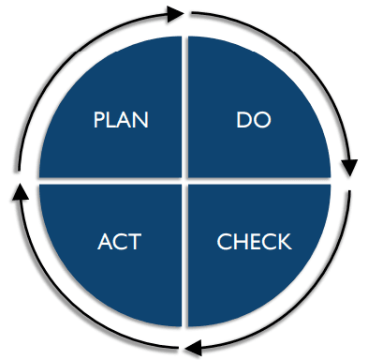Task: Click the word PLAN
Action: tap(121, 120)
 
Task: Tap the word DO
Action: tap(254, 120)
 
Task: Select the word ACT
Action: tap(119, 242)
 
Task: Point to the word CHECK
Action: tap(254, 242)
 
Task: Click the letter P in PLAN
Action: tap(98, 120)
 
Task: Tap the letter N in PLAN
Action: tap(141, 120)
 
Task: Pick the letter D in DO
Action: tap(243, 120)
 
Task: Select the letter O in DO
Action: tap(261, 120)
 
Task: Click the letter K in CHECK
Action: tap(285, 242)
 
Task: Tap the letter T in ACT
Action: tap(135, 242)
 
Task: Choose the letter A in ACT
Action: tap(105, 242)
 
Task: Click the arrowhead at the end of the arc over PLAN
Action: tap(175, 14)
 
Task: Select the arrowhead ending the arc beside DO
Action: tap(349, 168)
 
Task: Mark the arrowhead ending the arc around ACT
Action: tap(20, 192)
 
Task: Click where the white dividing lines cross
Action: tap(184, 181)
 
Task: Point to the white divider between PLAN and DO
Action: tap(184, 107)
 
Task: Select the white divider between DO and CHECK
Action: tap(259, 181)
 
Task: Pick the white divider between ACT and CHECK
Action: tap(184, 256)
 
